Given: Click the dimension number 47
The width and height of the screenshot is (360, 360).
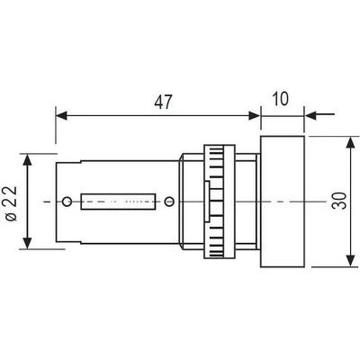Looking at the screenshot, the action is click(x=163, y=102).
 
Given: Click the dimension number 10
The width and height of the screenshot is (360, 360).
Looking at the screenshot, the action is click(x=280, y=99).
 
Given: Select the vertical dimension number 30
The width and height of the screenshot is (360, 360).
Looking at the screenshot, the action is click(x=340, y=201).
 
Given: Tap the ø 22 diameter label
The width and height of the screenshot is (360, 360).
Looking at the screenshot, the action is click(x=12, y=203).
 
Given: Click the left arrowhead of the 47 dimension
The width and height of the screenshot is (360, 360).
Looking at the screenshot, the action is click(x=61, y=115).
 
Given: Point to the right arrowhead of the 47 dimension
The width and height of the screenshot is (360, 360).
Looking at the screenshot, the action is click(x=255, y=115).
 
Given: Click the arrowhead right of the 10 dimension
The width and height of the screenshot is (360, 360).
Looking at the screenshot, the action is click(x=310, y=115).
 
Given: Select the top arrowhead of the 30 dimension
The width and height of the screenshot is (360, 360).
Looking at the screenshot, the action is click(x=350, y=143).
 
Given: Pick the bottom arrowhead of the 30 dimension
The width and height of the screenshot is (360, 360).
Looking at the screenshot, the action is click(x=350, y=260).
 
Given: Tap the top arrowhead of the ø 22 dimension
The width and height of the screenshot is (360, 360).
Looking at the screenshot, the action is click(x=27, y=159).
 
